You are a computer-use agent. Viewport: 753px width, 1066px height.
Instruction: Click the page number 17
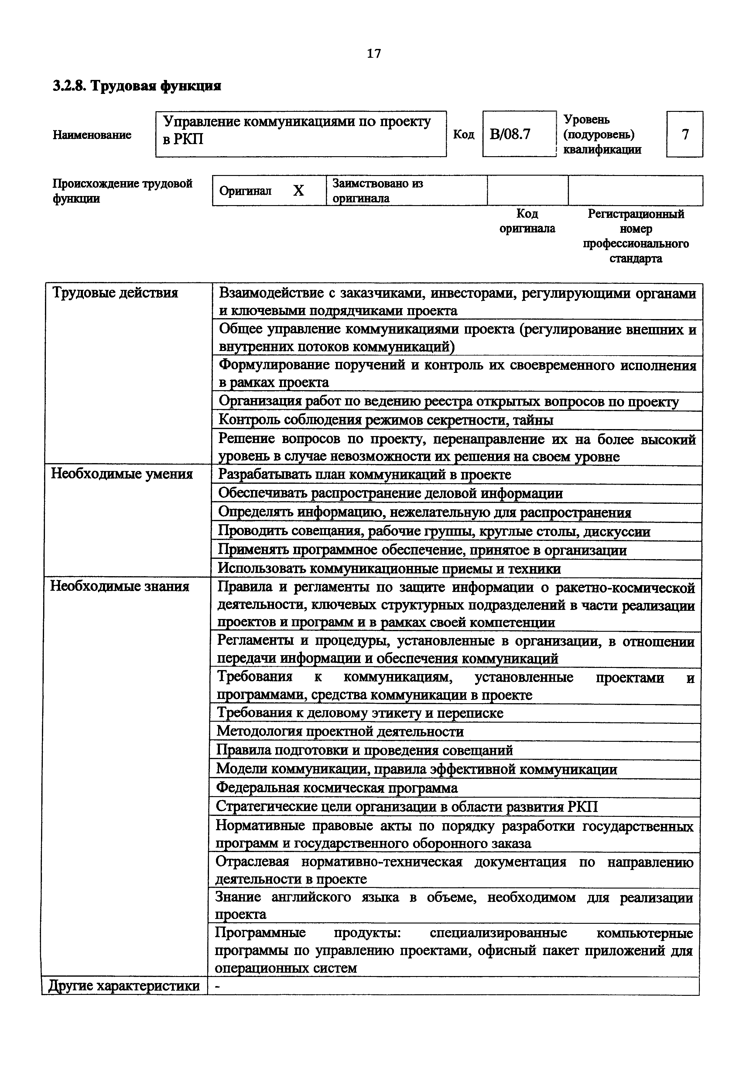pyautogui.click(x=374, y=54)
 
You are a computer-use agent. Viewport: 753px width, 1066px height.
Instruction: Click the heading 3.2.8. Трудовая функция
pyautogui.click(x=137, y=86)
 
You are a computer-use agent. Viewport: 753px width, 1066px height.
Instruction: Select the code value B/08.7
pyautogui.click(x=510, y=135)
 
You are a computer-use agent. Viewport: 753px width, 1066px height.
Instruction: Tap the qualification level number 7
pyautogui.click(x=685, y=135)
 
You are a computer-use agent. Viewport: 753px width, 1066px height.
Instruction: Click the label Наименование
pyautogui.click(x=92, y=135)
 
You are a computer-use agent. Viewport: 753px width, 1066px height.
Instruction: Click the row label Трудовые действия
pyautogui.click(x=115, y=293)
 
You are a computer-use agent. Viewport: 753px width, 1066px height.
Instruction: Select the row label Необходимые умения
pyautogui.click(x=122, y=474)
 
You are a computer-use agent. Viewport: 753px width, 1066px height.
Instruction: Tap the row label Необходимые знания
pyautogui.click(x=120, y=586)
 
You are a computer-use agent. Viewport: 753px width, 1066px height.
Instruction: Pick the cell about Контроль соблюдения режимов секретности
pyautogui.click(x=385, y=420)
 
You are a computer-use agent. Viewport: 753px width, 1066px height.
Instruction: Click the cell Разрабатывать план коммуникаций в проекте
pyautogui.click(x=365, y=474)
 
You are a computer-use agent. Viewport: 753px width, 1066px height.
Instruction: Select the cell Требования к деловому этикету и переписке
pyautogui.click(x=360, y=713)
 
